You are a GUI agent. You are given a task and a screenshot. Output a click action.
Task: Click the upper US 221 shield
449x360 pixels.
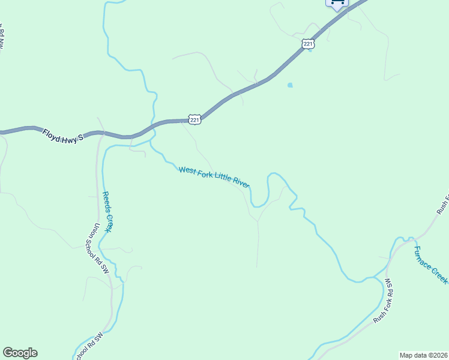308,44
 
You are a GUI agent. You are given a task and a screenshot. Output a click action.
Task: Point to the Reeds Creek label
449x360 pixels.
107,211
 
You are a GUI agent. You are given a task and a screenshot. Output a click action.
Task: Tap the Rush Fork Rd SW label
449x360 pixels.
384,300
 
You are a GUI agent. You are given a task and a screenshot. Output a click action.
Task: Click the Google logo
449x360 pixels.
20,353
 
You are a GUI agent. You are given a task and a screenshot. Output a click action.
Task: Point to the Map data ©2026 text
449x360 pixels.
423,355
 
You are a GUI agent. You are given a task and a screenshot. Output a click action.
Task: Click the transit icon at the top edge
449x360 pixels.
337,3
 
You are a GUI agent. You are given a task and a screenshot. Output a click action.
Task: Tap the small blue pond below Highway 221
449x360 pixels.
290,85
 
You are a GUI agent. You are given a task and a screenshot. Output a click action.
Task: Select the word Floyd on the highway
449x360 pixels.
52,133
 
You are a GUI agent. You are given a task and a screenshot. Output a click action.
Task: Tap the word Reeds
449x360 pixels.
105,202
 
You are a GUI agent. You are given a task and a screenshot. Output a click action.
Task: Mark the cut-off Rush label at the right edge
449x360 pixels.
442,204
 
